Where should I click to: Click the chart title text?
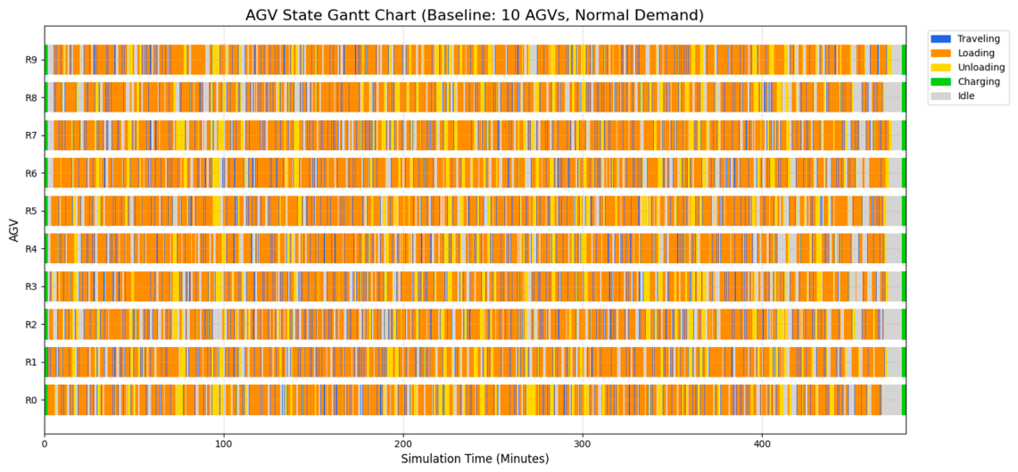click(475, 15)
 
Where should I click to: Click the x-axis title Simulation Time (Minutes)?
click(475, 460)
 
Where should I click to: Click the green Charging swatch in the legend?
click(940, 82)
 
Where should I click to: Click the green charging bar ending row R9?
click(904, 60)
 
